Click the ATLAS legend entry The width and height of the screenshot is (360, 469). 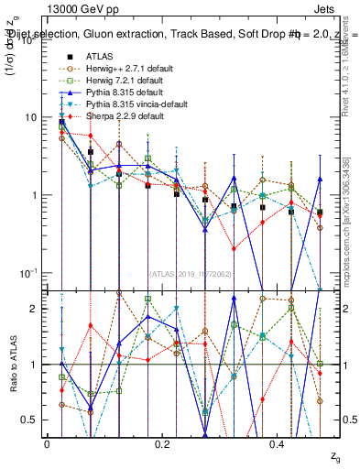point(100,56)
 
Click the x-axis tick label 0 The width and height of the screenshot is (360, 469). point(47,444)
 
